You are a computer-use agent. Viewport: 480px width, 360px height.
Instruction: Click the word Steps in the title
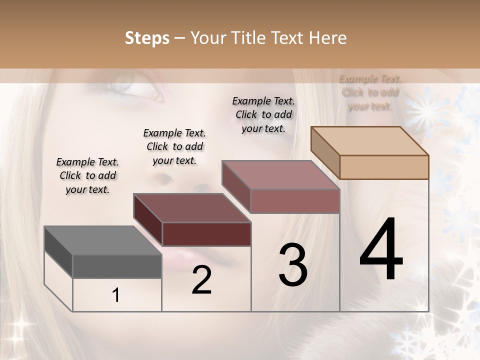point(147,38)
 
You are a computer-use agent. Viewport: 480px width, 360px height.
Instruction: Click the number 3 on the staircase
point(293,265)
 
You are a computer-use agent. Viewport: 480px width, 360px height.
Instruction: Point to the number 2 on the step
point(201,280)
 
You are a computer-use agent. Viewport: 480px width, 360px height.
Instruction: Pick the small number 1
point(116,295)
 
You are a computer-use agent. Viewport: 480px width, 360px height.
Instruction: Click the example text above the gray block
point(87,175)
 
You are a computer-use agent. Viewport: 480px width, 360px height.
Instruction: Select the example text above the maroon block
point(174,146)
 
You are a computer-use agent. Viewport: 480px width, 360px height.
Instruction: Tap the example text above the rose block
point(263,114)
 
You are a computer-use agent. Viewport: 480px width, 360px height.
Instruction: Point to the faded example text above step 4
point(370,92)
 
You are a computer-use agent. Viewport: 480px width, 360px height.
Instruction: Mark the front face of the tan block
point(384,167)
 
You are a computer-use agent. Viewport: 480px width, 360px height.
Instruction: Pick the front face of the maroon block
point(206,234)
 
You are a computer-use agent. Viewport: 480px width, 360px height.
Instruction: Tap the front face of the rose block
point(295,201)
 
